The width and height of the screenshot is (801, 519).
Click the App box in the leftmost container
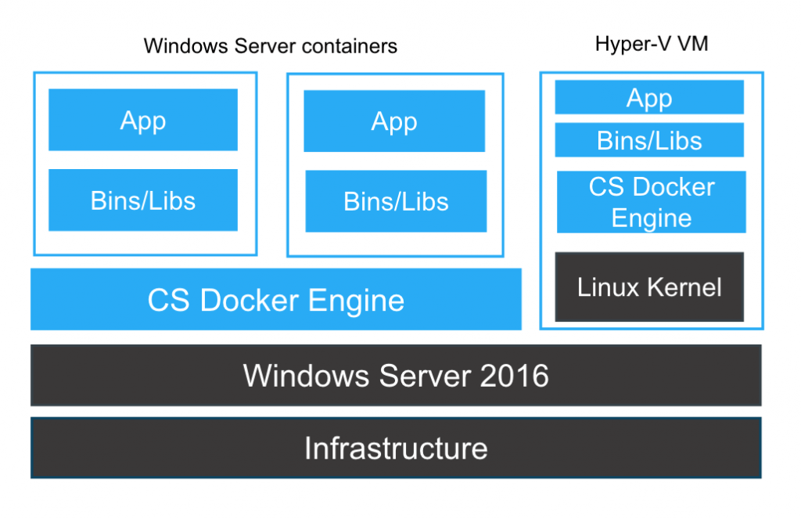pyautogui.click(x=143, y=120)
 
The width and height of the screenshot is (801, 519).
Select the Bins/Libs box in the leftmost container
pyautogui.click(x=143, y=200)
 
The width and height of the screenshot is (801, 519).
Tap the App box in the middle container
pyautogui.click(x=394, y=121)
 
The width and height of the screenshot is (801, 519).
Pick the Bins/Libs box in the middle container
pyautogui.click(x=396, y=201)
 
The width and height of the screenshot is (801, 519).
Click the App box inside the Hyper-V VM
pyautogui.click(x=649, y=98)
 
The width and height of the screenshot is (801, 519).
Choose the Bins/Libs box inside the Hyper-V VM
pyautogui.click(x=649, y=140)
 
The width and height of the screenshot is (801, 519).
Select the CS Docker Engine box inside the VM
pyautogui.click(x=651, y=202)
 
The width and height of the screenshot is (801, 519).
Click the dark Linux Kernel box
pyautogui.click(x=649, y=287)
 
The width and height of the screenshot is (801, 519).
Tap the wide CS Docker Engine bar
pyautogui.click(x=275, y=299)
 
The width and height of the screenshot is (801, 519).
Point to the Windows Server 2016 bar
pyautogui.click(x=396, y=375)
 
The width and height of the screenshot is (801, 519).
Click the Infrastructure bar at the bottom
pyautogui.click(x=396, y=448)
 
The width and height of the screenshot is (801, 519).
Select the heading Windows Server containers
pyautogui.click(x=271, y=46)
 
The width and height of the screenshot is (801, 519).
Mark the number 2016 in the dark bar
pyautogui.click(x=514, y=376)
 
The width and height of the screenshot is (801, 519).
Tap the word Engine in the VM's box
pyautogui.click(x=651, y=218)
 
